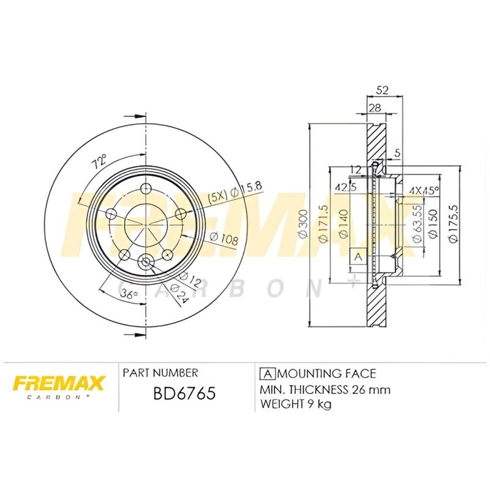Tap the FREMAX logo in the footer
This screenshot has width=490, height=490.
point(59,385)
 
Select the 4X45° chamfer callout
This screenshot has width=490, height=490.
point(424,190)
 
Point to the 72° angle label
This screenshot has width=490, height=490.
point(99,162)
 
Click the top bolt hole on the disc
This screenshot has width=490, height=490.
point(145,189)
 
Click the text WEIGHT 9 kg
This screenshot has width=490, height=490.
point(296,405)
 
